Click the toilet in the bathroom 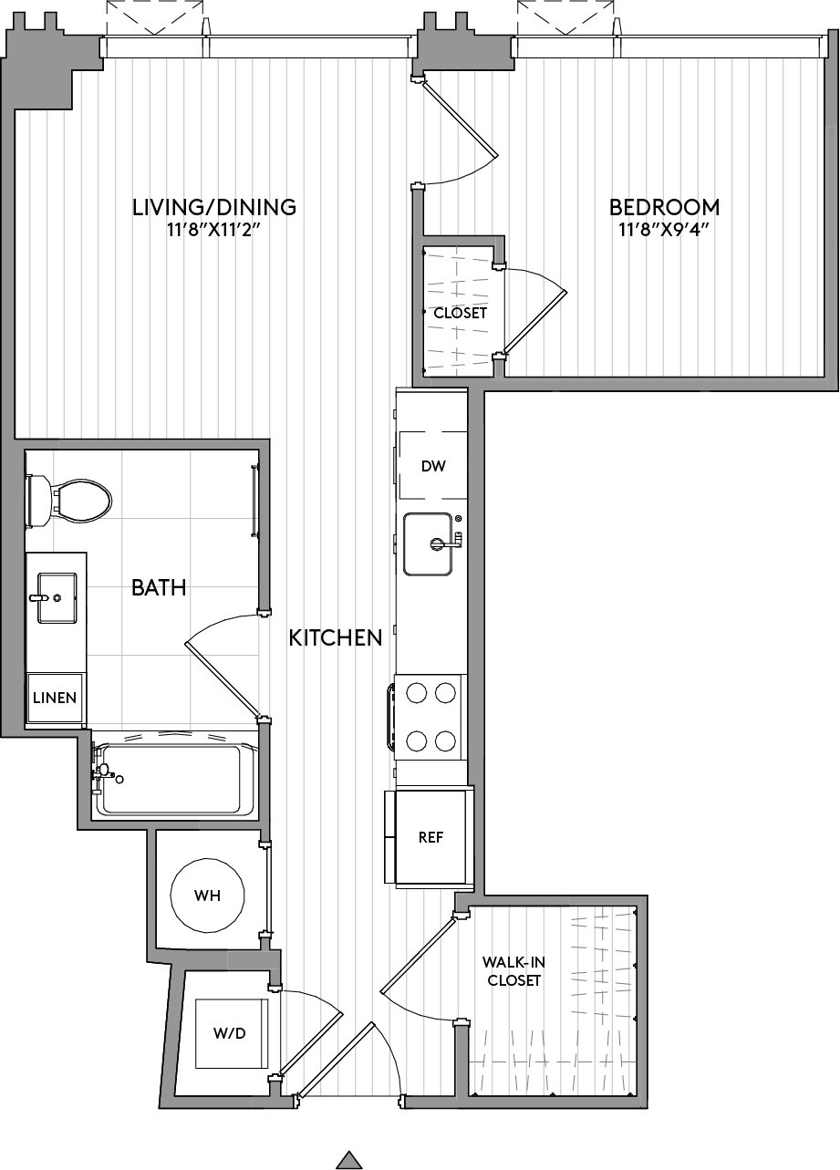[67, 501]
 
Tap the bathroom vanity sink [57, 598]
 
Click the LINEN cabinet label [55, 698]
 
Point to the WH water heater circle [207, 896]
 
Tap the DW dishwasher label [433, 466]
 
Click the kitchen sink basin [428, 544]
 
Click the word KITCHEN [336, 637]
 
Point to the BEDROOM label [664, 207]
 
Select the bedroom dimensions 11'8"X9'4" [663, 230]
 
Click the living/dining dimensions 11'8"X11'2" [213, 230]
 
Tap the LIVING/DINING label [214, 207]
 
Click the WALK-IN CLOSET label [513, 970]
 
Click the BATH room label [159, 587]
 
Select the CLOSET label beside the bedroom [461, 313]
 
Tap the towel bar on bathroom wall [255, 501]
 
